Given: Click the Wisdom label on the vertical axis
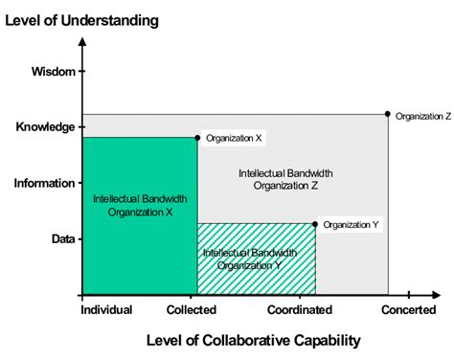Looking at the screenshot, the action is (52, 70).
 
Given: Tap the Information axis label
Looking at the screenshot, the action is (44, 182).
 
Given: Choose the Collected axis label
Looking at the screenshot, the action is (192, 309).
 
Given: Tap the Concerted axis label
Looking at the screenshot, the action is (409, 309).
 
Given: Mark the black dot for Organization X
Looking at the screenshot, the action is (197, 138).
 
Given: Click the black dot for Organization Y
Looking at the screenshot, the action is (315, 224).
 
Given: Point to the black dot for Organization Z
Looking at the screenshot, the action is (388, 114).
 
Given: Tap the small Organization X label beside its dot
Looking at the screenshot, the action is (235, 138).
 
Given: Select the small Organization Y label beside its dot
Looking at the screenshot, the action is (352, 224).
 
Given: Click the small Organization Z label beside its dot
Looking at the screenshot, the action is (422, 116).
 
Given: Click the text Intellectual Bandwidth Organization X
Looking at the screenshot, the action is (140, 205).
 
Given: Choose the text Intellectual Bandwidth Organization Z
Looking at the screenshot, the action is (285, 179).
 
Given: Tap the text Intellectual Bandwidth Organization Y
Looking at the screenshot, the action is (242, 259).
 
